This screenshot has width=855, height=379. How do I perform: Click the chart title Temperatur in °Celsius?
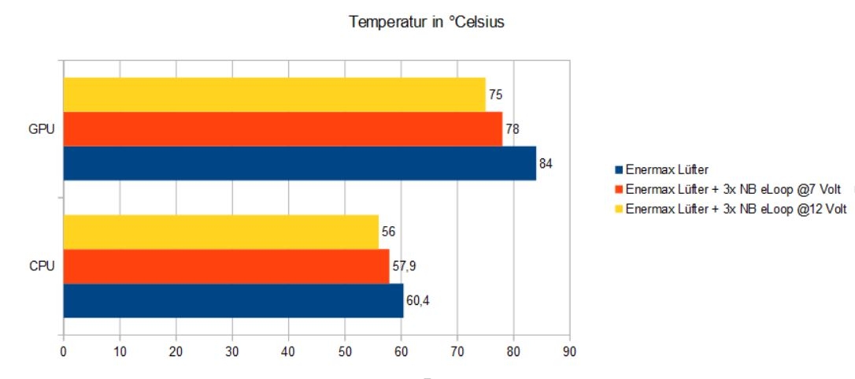(x=427, y=22)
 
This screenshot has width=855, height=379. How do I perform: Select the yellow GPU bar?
(x=274, y=95)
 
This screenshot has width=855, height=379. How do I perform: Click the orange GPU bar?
(x=282, y=129)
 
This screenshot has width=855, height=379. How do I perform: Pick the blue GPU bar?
(x=299, y=163)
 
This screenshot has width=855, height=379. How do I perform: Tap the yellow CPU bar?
(x=220, y=232)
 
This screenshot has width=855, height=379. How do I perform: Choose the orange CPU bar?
(x=226, y=266)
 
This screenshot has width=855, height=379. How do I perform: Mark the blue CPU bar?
(x=233, y=300)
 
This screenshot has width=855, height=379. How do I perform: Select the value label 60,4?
(x=418, y=301)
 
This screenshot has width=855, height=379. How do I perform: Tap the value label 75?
(x=495, y=95)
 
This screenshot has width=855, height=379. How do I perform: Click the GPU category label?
(x=41, y=129)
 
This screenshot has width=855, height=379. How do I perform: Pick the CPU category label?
(x=41, y=266)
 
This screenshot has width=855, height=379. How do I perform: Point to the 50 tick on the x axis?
(x=345, y=352)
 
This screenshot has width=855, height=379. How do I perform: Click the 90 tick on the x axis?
(x=569, y=352)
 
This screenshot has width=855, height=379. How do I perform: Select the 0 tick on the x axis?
(x=63, y=352)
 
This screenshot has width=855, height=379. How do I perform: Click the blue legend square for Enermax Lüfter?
(x=619, y=169)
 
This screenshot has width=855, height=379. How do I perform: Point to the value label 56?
(x=388, y=232)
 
